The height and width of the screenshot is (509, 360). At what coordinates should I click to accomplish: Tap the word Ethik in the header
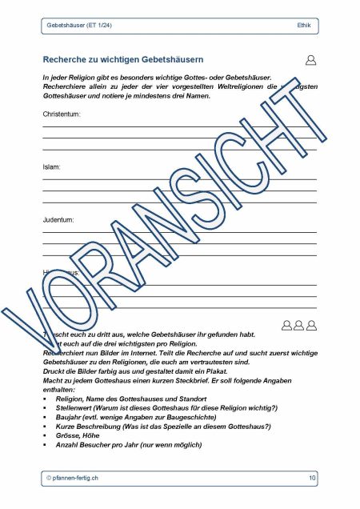(x=304, y=26)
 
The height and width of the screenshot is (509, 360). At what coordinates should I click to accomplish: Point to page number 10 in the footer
(x=311, y=478)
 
